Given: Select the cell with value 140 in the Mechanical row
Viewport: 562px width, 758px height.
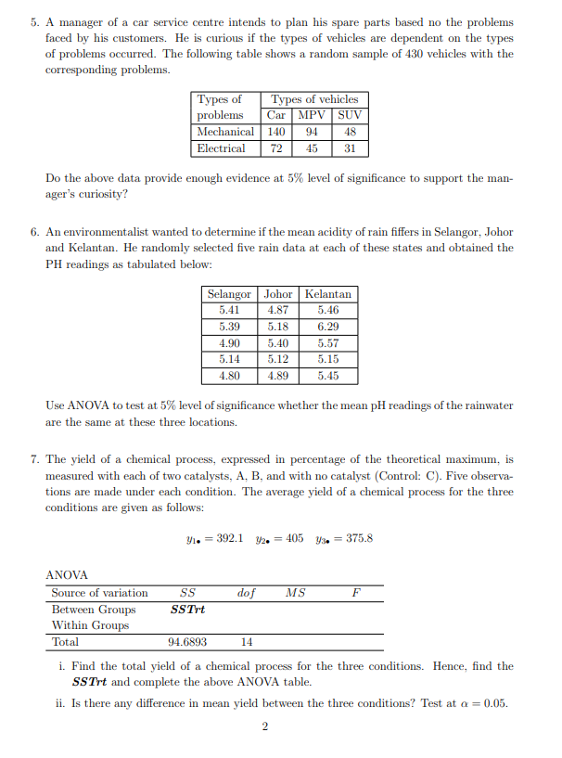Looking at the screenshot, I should click(x=276, y=132).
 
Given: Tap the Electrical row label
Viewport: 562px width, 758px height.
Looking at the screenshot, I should click(x=222, y=148).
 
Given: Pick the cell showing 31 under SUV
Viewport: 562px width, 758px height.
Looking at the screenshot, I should click(x=349, y=148).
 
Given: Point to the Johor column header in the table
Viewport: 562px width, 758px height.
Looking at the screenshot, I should click(x=278, y=294).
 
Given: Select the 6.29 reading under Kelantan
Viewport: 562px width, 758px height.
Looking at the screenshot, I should click(x=327, y=327).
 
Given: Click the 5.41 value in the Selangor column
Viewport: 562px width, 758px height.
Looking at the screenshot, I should click(x=229, y=310).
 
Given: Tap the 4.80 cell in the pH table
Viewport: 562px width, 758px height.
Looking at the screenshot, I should click(x=229, y=377).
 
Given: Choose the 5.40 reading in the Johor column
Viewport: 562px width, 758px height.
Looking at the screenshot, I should click(x=278, y=343).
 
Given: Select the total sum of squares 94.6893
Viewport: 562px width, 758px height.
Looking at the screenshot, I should click(x=187, y=642).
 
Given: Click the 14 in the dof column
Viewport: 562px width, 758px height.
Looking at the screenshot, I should click(x=247, y=642).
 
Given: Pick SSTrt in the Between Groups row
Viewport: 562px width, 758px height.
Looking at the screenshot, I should click(x=188, y=610).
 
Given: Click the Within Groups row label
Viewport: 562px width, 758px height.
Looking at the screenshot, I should click(x=90, y=625).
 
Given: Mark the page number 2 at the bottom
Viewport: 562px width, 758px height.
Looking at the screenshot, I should click(x=265, y=726).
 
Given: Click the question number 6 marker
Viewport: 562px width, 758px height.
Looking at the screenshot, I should click(x=33, y=232).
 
